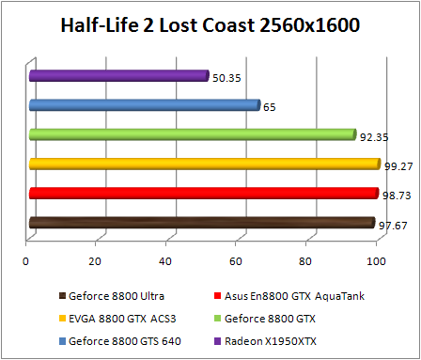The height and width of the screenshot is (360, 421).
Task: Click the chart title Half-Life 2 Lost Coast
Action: tap(210, 23)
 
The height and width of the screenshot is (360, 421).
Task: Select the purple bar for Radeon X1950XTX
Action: tap(118, 75)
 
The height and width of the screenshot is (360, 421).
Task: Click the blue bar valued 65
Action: tap(144, 105)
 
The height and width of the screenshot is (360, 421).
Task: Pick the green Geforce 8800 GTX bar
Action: tap(192, 134)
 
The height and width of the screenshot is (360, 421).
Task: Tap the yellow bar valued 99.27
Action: tap(204, 164)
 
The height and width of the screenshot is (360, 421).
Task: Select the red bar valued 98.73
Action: tap(203, 194)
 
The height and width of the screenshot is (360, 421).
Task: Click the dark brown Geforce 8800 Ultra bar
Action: tap(201, 223)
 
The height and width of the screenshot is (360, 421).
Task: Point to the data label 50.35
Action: tap(226, 78)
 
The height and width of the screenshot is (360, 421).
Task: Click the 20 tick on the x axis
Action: tap(96, 260)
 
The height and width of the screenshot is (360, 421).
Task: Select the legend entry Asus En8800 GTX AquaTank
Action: tap(292, 296)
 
